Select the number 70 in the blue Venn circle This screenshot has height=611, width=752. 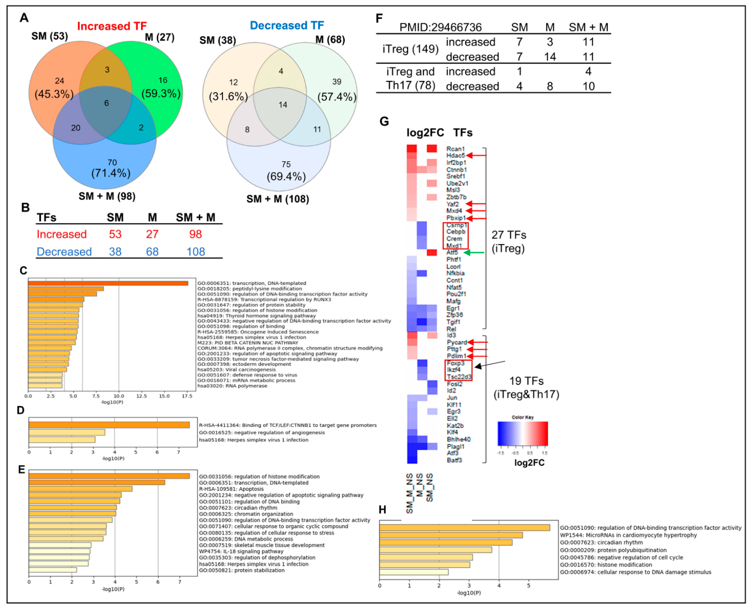click(x=112, y=162)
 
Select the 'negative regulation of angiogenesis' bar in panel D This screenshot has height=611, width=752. click(x=67, y=432)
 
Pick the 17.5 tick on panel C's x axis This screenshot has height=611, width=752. click(x=187, y=396)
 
